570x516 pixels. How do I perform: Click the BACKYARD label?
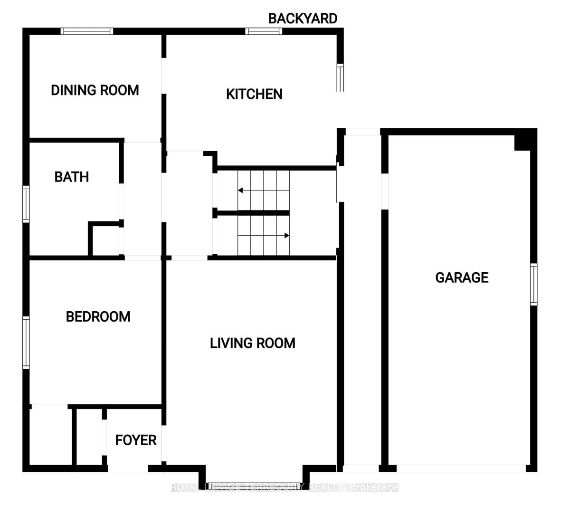click(303, 19)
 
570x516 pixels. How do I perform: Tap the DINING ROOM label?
click(95, 90)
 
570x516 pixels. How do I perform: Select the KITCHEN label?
click(254, 94)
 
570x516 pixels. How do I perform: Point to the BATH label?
click(72, 177)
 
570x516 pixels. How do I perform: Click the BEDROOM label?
click(98, 316)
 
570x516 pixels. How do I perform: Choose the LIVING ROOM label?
click(253, 343)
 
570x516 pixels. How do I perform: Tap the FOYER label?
click(136, 440)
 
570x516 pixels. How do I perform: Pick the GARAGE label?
click(462, 277)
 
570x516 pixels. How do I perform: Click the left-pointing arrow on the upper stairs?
click(240, 191)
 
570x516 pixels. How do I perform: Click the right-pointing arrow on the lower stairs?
click(286, 235)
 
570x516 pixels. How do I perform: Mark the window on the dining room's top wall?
click(87, 31)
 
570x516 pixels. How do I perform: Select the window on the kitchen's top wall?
click(264, 31)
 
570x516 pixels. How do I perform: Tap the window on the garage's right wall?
click(533, 284)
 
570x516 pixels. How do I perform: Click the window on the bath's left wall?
click(26, 204)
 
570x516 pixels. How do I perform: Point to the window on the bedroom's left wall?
click(26, 343)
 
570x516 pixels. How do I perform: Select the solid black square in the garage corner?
click(523, 142)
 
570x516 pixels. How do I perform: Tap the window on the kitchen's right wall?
click(340, 77)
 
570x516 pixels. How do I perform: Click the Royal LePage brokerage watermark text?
click(285, 487)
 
